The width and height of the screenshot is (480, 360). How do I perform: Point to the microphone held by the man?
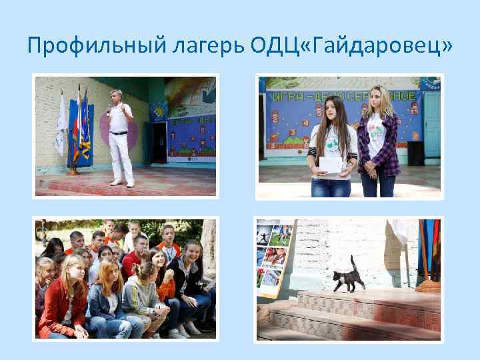pyautogui.click(x=109, y=108)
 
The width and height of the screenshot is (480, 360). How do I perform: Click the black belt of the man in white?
pyautogui.click(x=119, y=133)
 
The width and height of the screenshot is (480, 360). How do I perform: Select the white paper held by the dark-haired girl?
pyautogui.click(x=328, y=164)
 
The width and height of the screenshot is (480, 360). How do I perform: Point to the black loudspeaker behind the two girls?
pyautogui.click(x=416, y=153)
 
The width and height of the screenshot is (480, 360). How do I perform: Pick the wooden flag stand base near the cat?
pyautogui.click(x=427, y=287)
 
